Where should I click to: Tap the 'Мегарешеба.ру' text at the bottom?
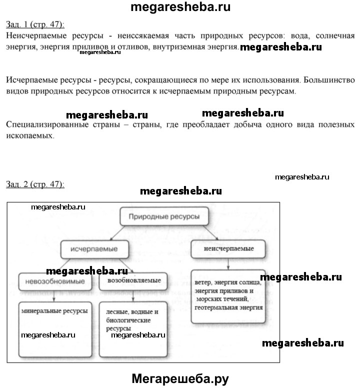pos(180,378)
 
